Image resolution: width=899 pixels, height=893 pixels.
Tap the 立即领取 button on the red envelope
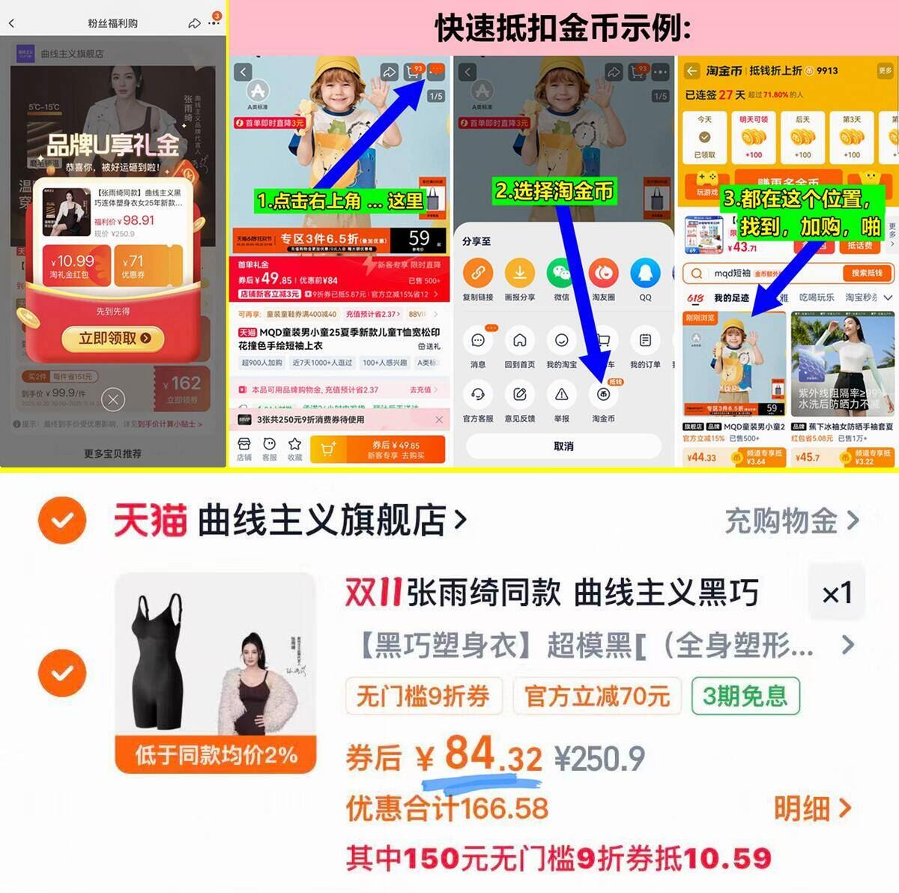tap(115, 338)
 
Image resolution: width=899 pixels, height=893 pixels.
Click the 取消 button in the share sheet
tap(563, 446)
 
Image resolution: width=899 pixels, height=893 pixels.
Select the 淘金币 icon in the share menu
tap(603, 395)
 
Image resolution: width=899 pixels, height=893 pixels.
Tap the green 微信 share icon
tap(561, 273)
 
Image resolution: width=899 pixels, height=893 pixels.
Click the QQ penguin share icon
tap(645, 273)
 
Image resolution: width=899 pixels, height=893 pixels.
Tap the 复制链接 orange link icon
tap(478, 273)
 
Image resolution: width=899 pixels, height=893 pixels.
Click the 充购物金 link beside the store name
tap(791, 521)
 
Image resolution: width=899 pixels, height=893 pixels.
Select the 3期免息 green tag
tap(745, 696)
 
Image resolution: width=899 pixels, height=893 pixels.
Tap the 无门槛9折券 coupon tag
tap(423, 696)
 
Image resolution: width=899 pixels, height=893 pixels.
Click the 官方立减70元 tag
tap(597, 696)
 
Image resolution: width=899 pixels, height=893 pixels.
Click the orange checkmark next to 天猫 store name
tap(62, 520)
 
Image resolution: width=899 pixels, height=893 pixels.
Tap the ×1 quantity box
tap(837, 594)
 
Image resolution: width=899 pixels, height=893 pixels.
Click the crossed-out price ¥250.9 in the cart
tap(599, 759)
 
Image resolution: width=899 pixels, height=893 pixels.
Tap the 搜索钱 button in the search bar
tap(866, 273)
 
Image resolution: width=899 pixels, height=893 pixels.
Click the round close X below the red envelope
tap(113, 400)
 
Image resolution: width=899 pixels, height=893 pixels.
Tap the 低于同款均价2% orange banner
tap(216, 754)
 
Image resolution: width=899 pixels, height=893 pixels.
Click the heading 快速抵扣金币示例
tap(563, 28)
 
